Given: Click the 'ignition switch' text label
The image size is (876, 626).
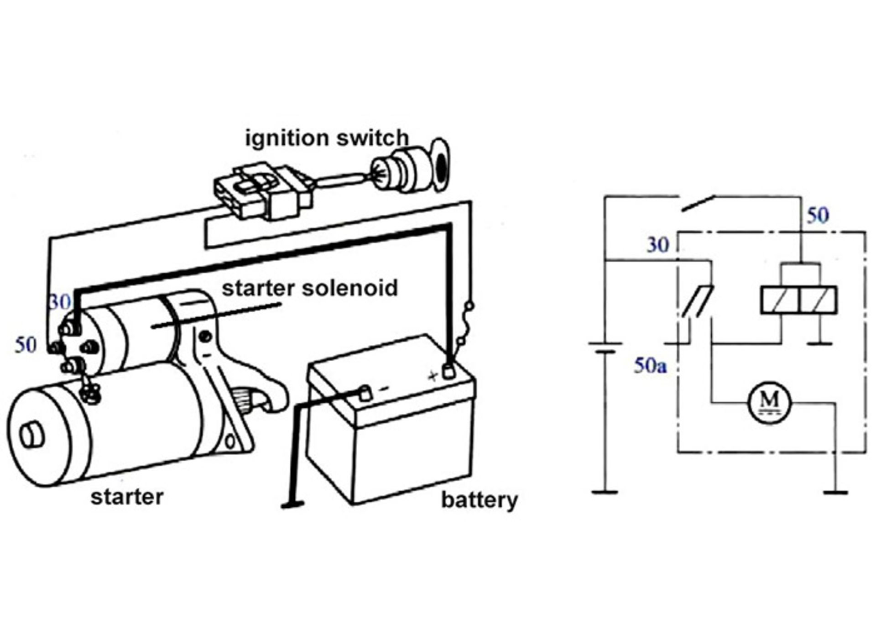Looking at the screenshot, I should pyautogui.click(x=327, y=138).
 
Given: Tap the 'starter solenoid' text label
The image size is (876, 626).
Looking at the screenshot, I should pyautogui.click(x=310, y=289).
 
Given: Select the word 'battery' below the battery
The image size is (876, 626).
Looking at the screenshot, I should pyautogui.click(x=479, y=500).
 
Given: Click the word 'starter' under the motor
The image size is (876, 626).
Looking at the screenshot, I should pyautogui.click(x=127, y=497).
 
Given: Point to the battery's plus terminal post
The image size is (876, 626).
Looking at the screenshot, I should pyautogui.click(x=449, y=371).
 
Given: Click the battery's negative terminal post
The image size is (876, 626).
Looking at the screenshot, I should pyautogui.click(x=365, y=393).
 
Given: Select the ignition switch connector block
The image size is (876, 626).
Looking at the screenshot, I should pyautogui.click(x=264, y=193).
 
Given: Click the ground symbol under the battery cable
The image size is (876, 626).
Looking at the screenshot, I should pyautogui.click(x=292, y=505).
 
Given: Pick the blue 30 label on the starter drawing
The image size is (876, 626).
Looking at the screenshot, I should pyautogui.click(x=60, y=302).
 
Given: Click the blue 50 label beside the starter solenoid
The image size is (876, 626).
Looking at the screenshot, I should pyautogui.click(x=26, y=345).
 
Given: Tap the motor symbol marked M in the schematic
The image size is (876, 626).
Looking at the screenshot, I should pyautogui.click(x=770, y=403).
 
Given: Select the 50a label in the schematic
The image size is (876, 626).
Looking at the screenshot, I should pyautogui.click(x=650, y=365).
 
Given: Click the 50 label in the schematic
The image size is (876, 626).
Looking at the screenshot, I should pyautogui.click(x=818, y=216).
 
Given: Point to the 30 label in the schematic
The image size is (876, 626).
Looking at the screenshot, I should pyautogui.click(x=657, y=246).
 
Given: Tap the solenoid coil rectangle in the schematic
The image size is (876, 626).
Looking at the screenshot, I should pyautogui.click(x=798, y=300).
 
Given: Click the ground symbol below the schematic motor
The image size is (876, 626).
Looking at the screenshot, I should pyautogui.click(x=836, y=493).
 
